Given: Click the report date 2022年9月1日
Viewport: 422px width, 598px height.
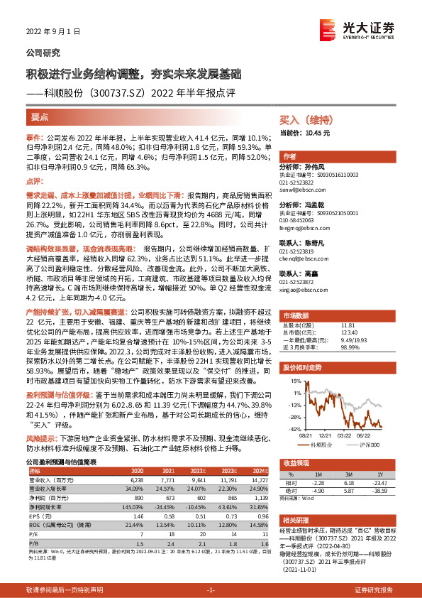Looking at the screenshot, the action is pos(52,31).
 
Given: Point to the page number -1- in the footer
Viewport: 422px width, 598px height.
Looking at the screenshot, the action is pos(211,589).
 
